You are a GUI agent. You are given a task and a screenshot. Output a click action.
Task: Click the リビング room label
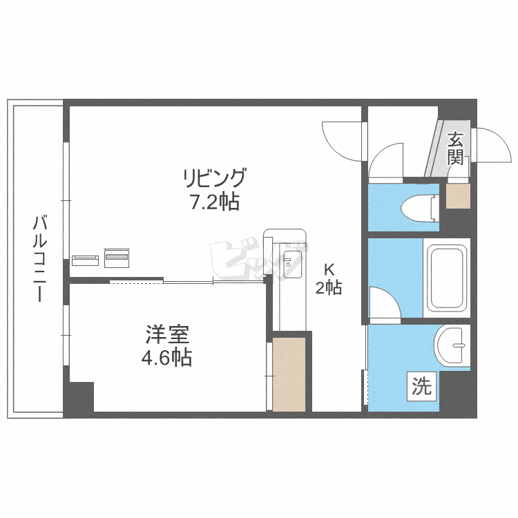click(x=214, y=179)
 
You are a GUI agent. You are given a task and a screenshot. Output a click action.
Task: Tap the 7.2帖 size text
click(x=214, y=202)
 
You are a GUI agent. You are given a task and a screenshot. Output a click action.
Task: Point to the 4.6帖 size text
click(x=167, y=358)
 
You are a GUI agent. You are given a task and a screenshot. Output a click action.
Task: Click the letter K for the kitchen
click(x=329, y=270)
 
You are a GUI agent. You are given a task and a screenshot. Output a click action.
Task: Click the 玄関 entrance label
click(x=455, y=148)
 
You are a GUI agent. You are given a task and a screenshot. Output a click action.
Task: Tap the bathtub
click(x=447, y=278)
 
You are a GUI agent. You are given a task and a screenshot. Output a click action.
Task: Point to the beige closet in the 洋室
click(x=289, y=374)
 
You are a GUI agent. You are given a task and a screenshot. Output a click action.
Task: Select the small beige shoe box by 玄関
click(x=457, y=196)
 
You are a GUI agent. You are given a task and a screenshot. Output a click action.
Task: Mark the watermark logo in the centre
click(x=255, y=259)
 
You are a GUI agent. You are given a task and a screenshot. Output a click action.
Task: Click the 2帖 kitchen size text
click(x=329, y=288)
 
